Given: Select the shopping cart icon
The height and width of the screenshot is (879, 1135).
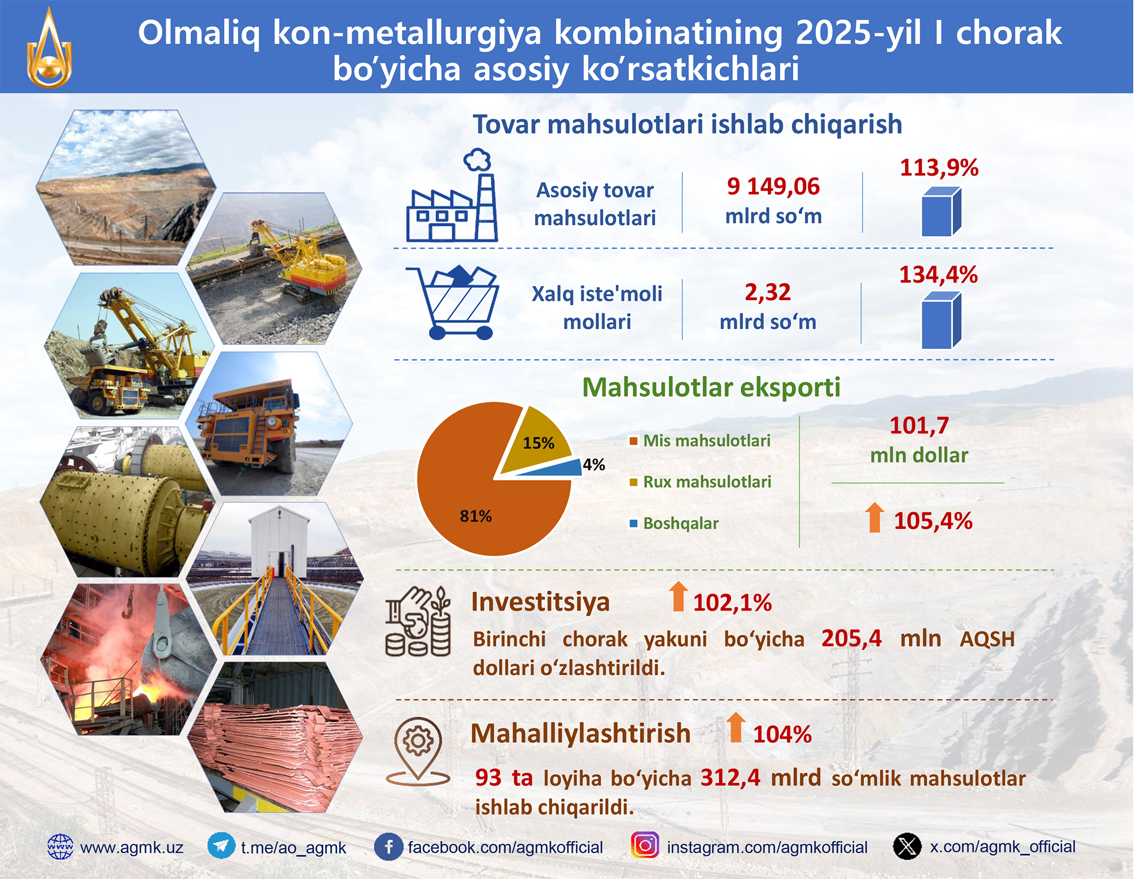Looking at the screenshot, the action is pos(452,302).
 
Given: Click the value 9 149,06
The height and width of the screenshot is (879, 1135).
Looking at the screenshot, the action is pos(774,186).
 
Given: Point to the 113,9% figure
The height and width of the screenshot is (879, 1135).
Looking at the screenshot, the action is pos(939,167).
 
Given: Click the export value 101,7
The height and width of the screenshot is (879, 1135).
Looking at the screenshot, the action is pos(919,426).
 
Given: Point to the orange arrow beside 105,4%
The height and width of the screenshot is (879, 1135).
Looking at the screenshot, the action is pos(875,517).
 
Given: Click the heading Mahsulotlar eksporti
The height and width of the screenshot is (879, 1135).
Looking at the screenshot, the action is pos(711,388).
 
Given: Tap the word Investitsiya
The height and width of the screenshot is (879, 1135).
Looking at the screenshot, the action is pos(540,602).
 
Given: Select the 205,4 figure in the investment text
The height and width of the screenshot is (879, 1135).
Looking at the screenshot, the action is pos(851,638).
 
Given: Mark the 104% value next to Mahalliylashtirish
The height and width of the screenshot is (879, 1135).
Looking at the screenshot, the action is pos(782,734).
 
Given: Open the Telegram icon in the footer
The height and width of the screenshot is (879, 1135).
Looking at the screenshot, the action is pos(221,847).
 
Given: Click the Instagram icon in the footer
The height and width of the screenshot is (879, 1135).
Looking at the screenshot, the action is pos(645,846).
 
